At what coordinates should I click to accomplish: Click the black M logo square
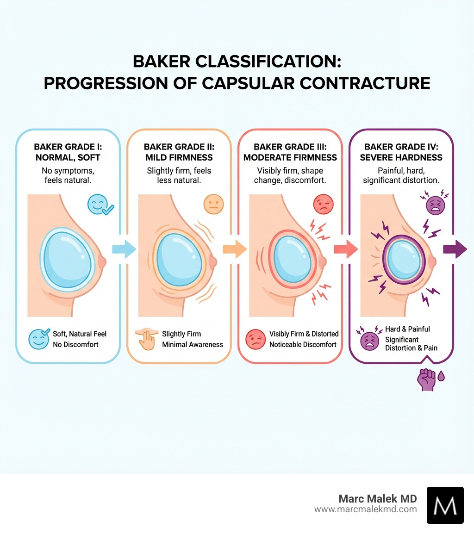click(x=445, y=505)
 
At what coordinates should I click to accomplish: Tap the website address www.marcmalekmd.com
click(x=365, y=509)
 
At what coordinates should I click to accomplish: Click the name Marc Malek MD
click(x=377, y=498)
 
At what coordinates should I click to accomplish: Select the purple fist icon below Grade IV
click(x=426, y=379)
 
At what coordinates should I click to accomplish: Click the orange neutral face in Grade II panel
click(x=213, y=204)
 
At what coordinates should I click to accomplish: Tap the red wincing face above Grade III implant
click(x=324, y=204)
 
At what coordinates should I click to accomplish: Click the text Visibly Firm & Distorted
click(x=304, y=334)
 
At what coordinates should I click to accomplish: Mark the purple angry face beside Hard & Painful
click(x=369, y=339)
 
